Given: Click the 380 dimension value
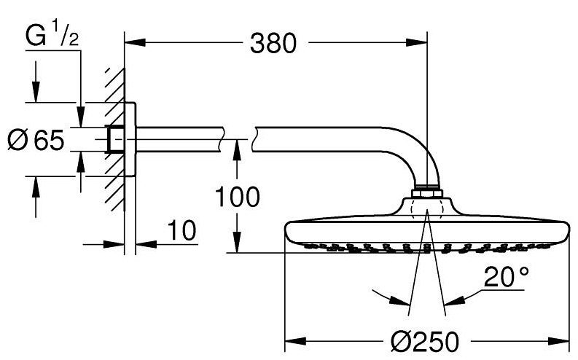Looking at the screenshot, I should tap(275, 45).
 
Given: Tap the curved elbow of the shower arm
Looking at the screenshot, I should tap(412, 157).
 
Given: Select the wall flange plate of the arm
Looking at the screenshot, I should tap(130, 138).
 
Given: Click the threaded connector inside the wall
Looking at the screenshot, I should tap(114, 138).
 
